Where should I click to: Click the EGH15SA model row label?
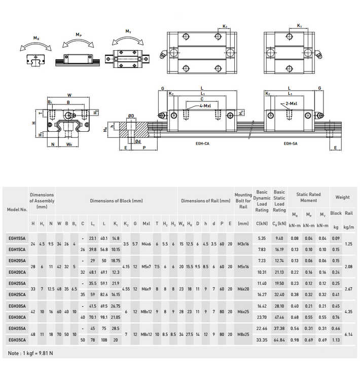[x=17, y=238]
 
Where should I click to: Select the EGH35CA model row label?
[x=17, y=339]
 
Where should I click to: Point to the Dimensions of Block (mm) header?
[x=116, y=201]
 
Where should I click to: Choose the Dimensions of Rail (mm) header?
[x=205, y=201]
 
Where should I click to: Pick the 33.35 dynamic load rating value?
[x=262, y=339]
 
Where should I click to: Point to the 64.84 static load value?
[x=279, y=339]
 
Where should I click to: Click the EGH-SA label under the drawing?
[x=291, y=143]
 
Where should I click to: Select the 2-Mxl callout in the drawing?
[x=291, y=103]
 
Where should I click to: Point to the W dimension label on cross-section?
[x=69, y=94]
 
